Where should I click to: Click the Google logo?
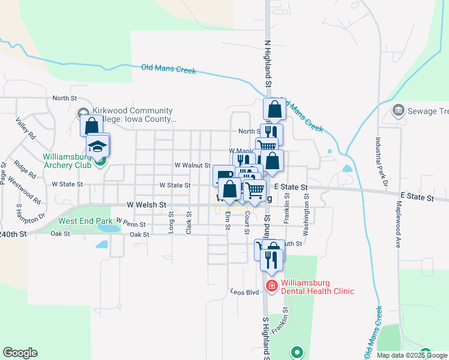(x=20, y=353)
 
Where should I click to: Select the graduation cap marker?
(x=98, y=146)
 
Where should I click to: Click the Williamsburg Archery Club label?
(x=66, y=161)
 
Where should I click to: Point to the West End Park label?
(x=85, y=221)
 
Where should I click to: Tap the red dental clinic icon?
(x=271, y=286)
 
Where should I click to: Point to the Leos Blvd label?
(x=244, y=292)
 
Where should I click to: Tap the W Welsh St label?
(x=146, y=205)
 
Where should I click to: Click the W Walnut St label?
(x=192, y=165)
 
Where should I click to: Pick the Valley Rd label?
(x=26, y=128)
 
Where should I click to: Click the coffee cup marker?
(x=223, y=175)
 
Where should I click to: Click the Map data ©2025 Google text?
(x=411, y=355)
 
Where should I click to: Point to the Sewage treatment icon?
(x=397, y=110)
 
